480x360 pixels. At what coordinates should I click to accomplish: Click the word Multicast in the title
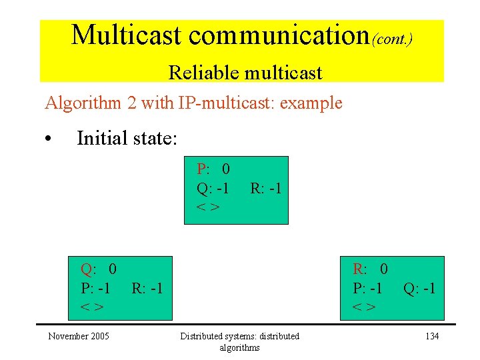[x=126, y=35]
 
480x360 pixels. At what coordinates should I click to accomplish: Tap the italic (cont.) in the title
[x=392, y=39]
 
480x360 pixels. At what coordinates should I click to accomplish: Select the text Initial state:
[x=127, y=138]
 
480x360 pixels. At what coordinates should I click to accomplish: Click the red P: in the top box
[x=203, y=170]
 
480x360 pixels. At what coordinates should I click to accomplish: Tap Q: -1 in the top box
[x=213, y=188]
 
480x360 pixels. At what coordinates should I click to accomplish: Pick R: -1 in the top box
[x=265, y=188]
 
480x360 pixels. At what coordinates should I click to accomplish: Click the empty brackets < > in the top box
[x=207, y=207]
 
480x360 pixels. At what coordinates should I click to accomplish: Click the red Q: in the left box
[x=88, y=269]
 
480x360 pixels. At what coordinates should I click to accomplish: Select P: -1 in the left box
[x=95, y=288]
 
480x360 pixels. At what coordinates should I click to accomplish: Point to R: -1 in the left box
[x=147, y=288]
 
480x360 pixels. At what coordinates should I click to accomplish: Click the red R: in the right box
[x=359, y=269]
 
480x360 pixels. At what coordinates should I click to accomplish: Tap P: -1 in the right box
[x=367, y=288]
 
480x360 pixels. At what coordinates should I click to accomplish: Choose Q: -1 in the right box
[x=419, y=288]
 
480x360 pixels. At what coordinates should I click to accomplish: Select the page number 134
[x=432, y=336]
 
